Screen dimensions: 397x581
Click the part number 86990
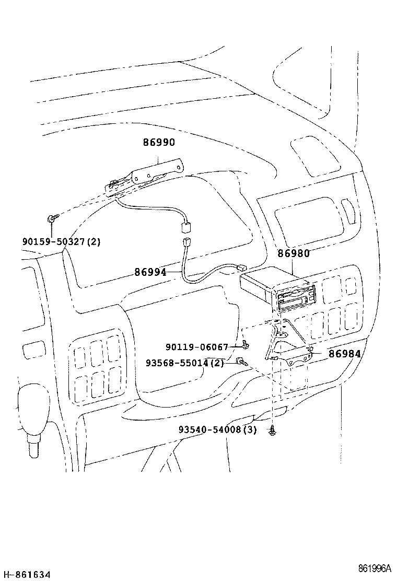pyautogui.click(x=159, y=142)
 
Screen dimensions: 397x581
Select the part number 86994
pyautogui.click(x=150, y=272)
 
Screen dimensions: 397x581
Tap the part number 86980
pyautogui.click(x=293, y=253)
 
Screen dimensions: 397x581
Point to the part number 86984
pyautogui.click(x=344, y=354)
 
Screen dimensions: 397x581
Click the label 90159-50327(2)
pyautogui.click(x=62, y=241)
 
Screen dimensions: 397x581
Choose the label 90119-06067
pyautogui.click(x=196, y=347)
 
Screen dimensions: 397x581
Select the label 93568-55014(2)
pyautogui.click(x=185, y=363)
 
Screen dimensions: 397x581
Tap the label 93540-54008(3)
pyautogui.click(x=218, y=429)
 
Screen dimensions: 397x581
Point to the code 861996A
pyautogui.click(x=375, y=568)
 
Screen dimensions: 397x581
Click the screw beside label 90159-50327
pyautogui.click(x=53, y=218)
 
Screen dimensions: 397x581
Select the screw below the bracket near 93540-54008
pyautogui.click(x=273, y=431)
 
